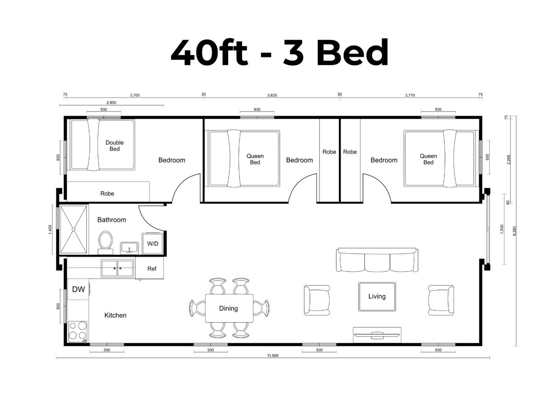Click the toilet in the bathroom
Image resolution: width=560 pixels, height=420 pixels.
tap(105, 242)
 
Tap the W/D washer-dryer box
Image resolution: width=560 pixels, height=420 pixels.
tap(153, 243)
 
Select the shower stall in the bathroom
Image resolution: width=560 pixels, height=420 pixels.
tap(73, 229)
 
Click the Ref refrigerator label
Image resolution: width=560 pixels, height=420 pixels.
tap(152, 268)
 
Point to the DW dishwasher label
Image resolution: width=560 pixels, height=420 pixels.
tap(78, 289)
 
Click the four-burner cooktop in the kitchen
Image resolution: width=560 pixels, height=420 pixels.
tap(78, 331)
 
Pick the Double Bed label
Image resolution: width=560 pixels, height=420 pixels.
tap(114, 146)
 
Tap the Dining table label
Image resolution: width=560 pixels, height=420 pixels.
tap(228, 308)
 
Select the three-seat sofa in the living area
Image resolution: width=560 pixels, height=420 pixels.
tap(377, 259)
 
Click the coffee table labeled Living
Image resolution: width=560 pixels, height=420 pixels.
tap(377, 297)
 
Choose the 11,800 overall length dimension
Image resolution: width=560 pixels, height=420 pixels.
tap(273, 356)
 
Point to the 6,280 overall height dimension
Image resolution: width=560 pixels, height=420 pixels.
tap(514, 231)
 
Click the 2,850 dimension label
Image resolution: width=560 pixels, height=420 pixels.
tap(111, 103)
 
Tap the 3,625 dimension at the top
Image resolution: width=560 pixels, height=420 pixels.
tap(272, 95)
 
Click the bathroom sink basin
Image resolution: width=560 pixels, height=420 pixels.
tap(129, 248)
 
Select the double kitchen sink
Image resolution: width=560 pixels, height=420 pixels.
tap(117, 268)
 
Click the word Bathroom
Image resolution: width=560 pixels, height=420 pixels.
tap(112, 219)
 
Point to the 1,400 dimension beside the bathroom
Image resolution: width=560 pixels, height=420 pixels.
tap(50, 230)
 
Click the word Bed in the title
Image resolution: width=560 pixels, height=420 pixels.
tap(352, 52)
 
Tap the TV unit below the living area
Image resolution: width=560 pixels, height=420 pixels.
tap(377, 335)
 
